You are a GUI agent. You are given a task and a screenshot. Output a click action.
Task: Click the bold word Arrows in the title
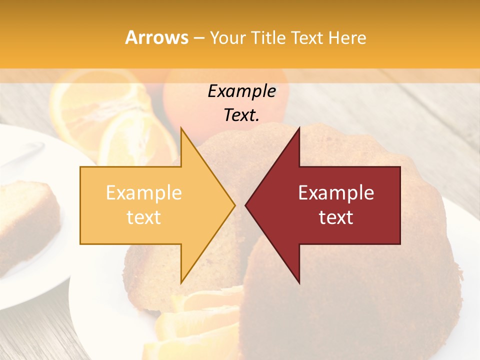(x=157, y=37)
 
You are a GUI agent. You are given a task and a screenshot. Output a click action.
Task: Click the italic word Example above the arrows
(x=241, y=91)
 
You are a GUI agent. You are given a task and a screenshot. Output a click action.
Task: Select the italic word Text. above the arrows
(x=241, y=115)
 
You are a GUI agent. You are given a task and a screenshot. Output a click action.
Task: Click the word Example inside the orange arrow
(x=144, y=193)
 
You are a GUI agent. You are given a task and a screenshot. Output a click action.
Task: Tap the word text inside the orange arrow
(x=144, y=217)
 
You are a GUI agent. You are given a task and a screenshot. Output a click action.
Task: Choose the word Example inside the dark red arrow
(x=336, y=193)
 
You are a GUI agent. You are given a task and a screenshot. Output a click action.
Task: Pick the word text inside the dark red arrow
(x=336, y=217)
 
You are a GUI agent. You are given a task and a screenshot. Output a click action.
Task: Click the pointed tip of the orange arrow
(x=234, y=205)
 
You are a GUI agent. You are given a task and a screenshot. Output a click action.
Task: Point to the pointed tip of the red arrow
(x=246, y=205)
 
